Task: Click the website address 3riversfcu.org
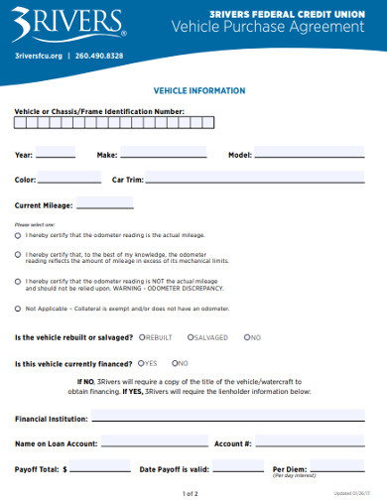pyautogui.click(x=39, y=56)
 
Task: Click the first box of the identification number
pyautogui.click(x=20, y=123)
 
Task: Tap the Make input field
pyautogui.click(x=164, y=154)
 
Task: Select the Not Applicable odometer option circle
pyautogui.click(x=18, y=308)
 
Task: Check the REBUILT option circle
pyautogui.click(x=142, y=337)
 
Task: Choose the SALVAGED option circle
pyautogui.click(x=190, y=337)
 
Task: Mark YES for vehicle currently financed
pyautogui.click(x=142, y=363)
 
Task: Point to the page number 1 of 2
pyautogui.click(x=192, y=493)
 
